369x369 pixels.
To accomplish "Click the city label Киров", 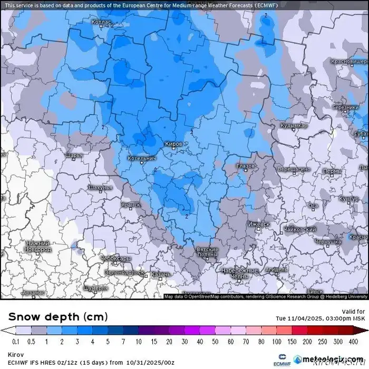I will point(173,144).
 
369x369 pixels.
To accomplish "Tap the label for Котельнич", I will point(142,158).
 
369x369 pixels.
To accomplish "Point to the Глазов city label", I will point(246,166).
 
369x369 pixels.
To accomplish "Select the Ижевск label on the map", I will point(258,224).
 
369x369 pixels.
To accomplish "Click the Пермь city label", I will point(332,171).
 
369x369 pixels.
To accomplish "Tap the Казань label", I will point(160,274).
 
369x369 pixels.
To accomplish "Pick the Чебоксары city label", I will point(115,259).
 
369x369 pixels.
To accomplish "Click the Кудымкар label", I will point(294,126).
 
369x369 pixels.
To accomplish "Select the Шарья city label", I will point(74,156).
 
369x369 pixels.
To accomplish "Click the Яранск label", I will point(131,205).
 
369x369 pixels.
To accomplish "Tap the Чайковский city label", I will point(299,229).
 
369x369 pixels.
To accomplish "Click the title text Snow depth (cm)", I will point(58,316).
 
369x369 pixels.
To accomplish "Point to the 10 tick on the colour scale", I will point(139,342).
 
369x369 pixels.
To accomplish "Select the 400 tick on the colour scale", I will point(354,342).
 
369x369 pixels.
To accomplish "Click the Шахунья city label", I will point(100,188).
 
